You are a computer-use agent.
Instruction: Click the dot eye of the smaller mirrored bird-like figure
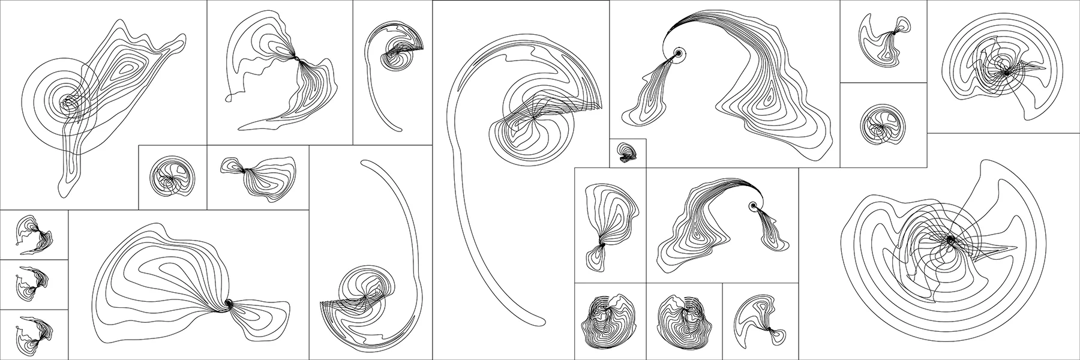point(752,206)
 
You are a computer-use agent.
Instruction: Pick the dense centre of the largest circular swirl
point(950,239)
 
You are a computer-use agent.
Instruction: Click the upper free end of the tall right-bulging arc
point(362,161)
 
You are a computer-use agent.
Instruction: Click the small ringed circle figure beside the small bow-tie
point(173,177)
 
